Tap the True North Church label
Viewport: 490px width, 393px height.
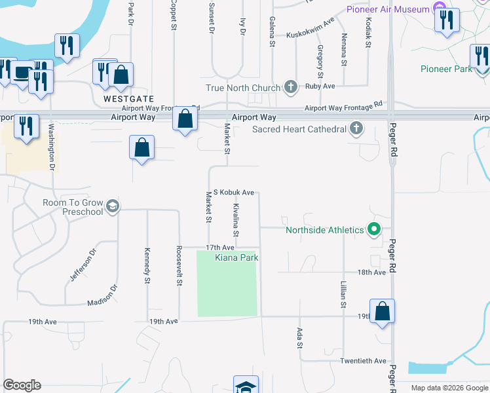click(x=242, y=88)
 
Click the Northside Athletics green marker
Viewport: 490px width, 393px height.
click(x=374, y=230)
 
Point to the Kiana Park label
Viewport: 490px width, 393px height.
click(x=236, y=258)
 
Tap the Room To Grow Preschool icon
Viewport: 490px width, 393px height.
click(x=112, y=207)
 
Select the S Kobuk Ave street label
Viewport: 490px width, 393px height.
click(x=234, y=193)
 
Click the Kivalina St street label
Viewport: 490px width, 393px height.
click(x=236, y=220)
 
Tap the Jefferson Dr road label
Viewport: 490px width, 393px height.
click(x=82, y=265)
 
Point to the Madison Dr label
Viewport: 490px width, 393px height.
click(x=102, y=296)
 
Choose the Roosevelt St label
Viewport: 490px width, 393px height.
click(x=178, y=266)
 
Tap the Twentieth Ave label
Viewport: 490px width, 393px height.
click(x=363, y=361)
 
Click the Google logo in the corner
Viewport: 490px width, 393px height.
click(x=22, y=385)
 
